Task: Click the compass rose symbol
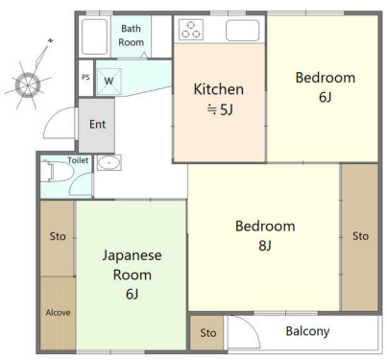[x=28, y=85]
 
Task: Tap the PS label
[x=85, y=78]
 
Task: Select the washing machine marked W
[x=109, y=82]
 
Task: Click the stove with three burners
[x=191, y=30]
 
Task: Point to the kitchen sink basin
[x=242, y=31]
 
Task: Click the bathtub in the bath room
[x=94, y=36]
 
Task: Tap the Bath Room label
[x=131, y=36]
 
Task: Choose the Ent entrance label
[x=97, y=124]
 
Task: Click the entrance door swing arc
[x=55, y=119]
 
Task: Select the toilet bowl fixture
[x=57, y=172]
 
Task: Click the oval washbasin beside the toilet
[x=109, y=163]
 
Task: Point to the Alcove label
[x=58, y=312]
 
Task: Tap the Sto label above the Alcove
[x=58, y=236]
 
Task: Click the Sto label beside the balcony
[x=208, y=333]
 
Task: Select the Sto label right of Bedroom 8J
[x=360, y=236]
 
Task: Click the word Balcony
[x=307, y=331]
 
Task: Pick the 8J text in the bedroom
[x=265, y=246]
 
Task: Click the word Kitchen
[x=219, y=89]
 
